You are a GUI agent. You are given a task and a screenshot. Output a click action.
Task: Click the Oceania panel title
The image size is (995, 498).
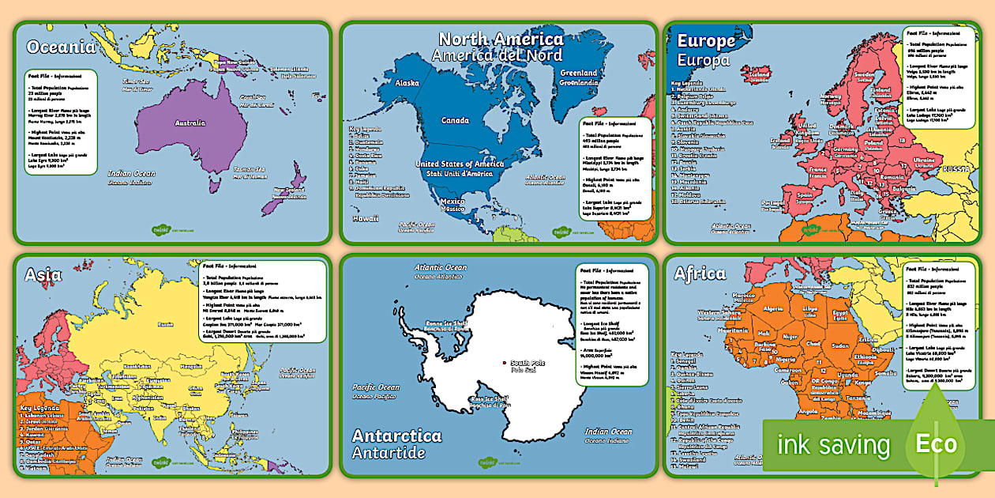click(x=61, y=47)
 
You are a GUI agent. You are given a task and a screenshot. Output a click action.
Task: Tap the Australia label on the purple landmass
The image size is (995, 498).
click(x=190, y=123)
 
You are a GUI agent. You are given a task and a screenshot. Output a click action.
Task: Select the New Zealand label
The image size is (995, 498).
click(x=290, y=191)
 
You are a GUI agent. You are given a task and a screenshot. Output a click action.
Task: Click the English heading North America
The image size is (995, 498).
click(x=501, y=39)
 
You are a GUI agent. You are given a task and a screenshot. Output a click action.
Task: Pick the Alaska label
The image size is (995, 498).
click(x=407, y=82)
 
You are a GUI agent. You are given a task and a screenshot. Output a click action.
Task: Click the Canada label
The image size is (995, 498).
click(x=454, y=121)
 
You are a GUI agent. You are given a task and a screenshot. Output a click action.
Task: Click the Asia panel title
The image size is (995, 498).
click(x=43, y=274)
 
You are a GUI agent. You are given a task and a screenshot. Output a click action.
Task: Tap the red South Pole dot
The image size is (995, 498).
click(x=503, y=364)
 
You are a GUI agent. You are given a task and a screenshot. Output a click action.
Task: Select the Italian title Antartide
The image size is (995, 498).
click(x=389, y=453)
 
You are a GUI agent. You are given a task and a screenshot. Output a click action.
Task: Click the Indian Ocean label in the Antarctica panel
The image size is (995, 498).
click(x=608, y=432)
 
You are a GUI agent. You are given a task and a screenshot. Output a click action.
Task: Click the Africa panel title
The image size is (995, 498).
click(x=700, y=274)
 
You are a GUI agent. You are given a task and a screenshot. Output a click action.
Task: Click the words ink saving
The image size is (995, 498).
click(x=833, y=444)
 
